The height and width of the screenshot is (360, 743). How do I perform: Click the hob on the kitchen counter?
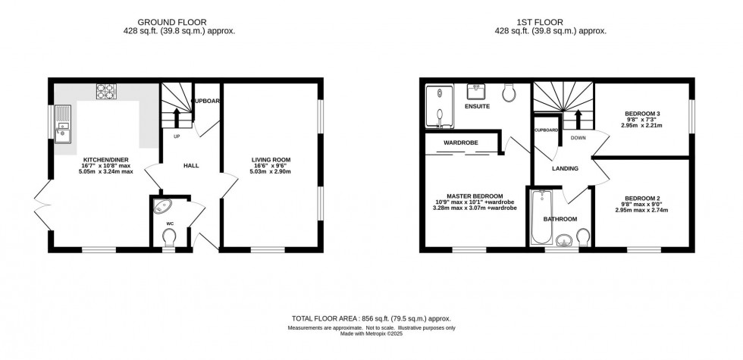click(x=106, y=92)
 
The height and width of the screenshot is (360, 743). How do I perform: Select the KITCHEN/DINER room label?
click(x=106, y=160)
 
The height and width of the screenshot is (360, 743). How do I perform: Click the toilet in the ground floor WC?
click(x=168, y=238)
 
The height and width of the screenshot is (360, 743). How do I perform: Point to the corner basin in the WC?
click(x=162, y=207)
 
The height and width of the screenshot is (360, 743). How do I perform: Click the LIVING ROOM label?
click(x=271, y=159)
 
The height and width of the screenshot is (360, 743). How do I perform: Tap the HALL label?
click(x=190, y=164)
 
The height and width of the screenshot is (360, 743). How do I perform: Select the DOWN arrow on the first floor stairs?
click(x=578, y=118)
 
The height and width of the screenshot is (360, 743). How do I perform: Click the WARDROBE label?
click(x=459, y=142)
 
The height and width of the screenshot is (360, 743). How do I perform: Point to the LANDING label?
click(x=566, y=168)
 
